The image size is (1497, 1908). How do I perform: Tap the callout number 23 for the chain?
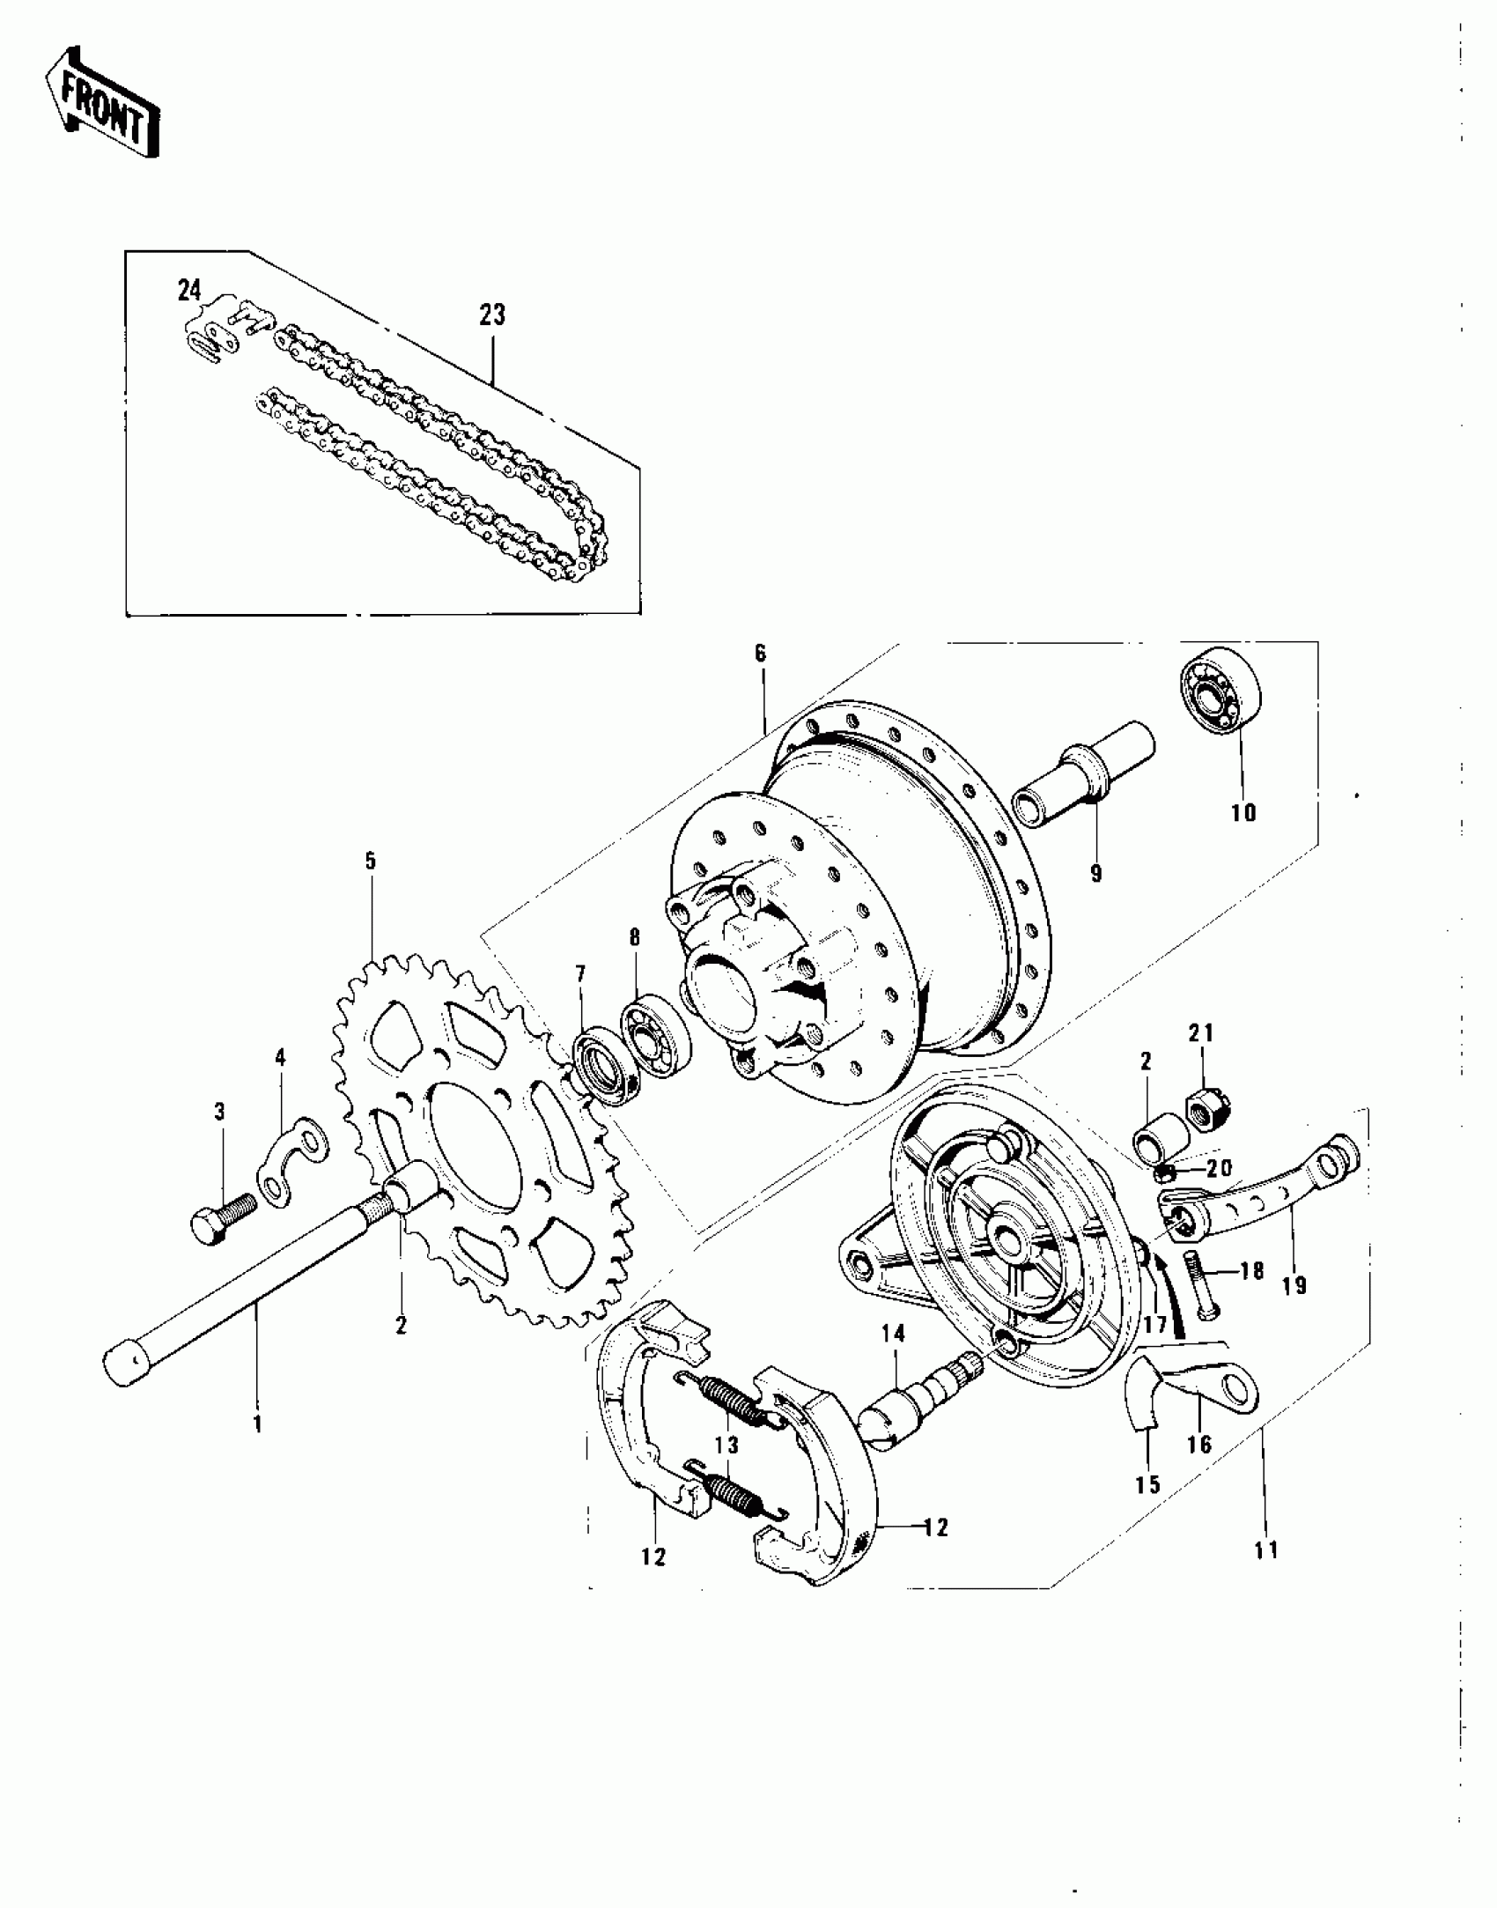tap(492, 314)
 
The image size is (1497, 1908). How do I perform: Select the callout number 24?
tap(189, 290)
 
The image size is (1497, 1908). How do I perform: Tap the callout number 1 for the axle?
tap(257, 1424)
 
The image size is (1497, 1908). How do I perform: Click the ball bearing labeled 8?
tap(656, 1032)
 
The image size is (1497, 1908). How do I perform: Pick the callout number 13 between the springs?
tap(727, 1446)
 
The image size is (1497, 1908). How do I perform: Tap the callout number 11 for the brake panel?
tap(1265, 1549)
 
